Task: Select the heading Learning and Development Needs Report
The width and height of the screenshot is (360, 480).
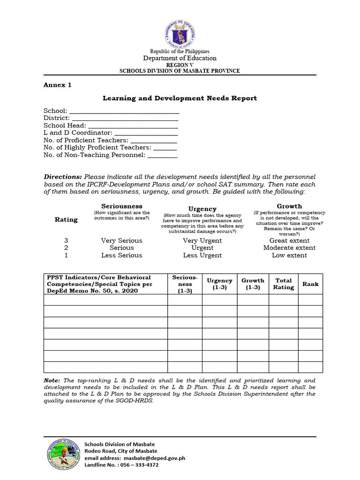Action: [180, 98]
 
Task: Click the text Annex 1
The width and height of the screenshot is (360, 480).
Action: [58, 85]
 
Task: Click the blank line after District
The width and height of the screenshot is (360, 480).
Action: [125, 119]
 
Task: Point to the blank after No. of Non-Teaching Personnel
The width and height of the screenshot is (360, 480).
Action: [162, 155]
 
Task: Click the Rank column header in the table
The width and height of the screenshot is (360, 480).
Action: [310, 284]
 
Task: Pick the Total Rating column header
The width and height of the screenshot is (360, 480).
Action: [283, 284]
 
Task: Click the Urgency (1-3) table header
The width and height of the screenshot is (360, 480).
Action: [219, 284]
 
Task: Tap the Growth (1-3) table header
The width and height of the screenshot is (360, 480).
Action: [253, 284]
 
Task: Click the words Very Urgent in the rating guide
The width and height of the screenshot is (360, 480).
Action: [202, 240]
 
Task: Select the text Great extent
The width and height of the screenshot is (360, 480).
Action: [289, 240]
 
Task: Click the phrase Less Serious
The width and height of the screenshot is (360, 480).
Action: [121, 255]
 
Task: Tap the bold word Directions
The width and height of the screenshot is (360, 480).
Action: [63, 177]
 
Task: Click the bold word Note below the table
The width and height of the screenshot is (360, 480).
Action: [52, 381]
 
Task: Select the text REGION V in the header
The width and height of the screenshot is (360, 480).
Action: [180, 65]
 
